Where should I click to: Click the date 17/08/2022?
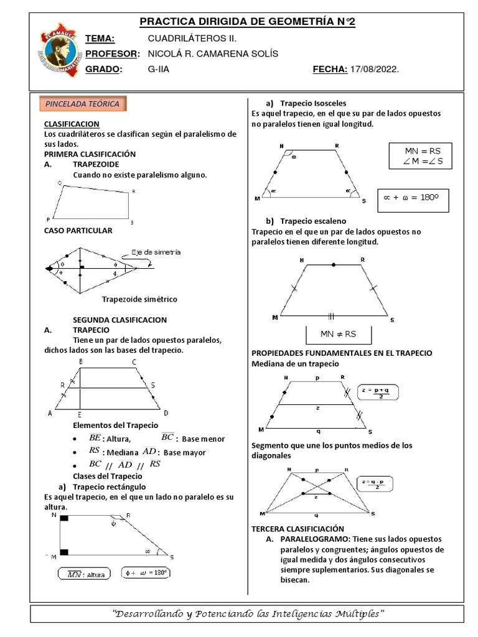[x=375, y=70]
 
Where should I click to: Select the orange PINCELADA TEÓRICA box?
[x=83, y=104]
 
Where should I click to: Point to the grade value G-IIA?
[x=159, y=70]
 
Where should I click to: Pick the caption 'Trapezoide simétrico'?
[x=139, y=299]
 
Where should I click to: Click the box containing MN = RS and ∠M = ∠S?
[x=419, y=156]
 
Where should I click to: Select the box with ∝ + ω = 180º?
[x=412, y=197]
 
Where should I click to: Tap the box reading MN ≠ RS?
[x=338, y=334]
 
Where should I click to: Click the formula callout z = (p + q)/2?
[x=379, y=393]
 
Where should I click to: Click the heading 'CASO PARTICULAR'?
[x=78, y=231]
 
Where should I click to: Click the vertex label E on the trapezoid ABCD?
[x=80, y=414]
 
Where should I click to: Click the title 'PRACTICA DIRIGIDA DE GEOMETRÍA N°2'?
[x=247, y=22]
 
